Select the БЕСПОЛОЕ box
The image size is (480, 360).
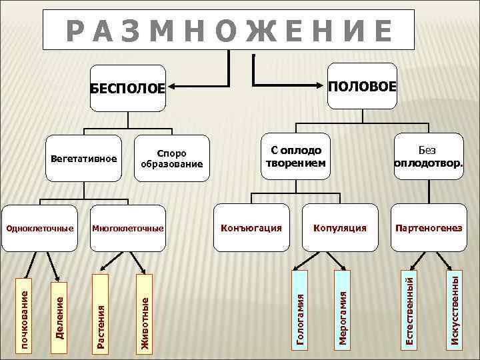point(127,87)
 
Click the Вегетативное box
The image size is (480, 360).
point(83,159)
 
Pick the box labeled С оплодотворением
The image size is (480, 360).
point(294,158)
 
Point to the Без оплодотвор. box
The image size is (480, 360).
point(427,158)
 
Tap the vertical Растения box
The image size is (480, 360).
point(101,312)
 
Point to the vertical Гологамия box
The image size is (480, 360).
point(301,309)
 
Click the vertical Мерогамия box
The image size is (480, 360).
point(343,309)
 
